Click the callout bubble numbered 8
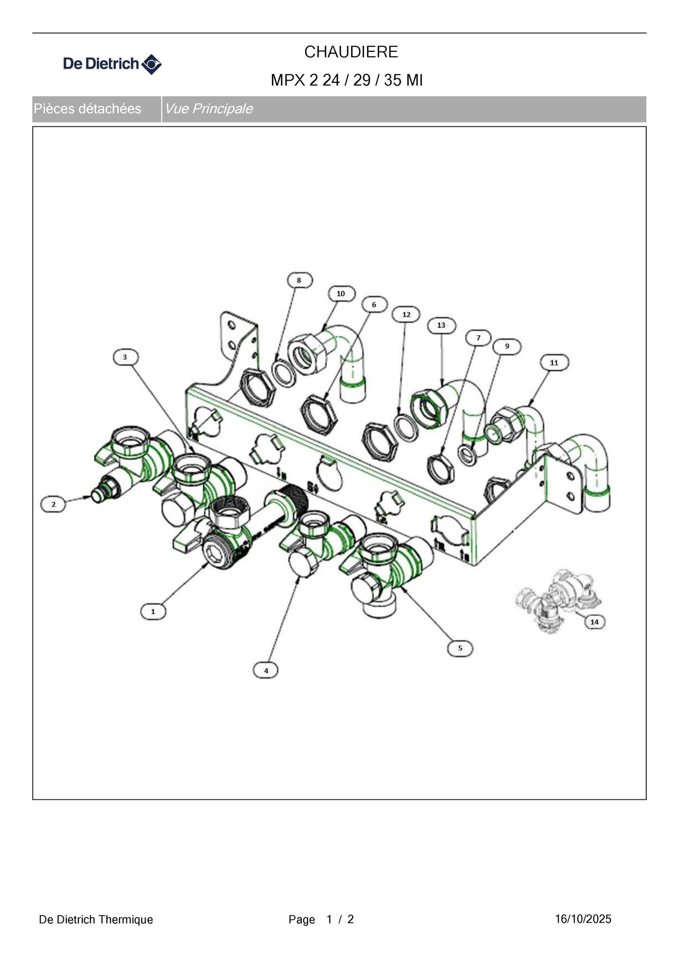coord(299,280)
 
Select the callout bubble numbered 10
coord(341,294)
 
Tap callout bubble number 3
coord(125,357)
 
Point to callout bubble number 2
coord(53,504)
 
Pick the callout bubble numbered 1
coord(153,612)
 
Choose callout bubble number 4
coord(266,671)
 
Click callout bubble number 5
coord(460,648)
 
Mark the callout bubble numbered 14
coord(595,622)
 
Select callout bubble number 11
coord(554,362)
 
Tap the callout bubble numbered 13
coord(441,325)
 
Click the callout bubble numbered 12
coord(406,315)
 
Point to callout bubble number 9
coord(507,346)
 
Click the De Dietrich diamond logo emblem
coord(151,64)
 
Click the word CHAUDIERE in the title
coord(351,52)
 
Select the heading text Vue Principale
coord(208,108)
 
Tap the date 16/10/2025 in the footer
coord(583,919)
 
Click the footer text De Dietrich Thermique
coord(96,919)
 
